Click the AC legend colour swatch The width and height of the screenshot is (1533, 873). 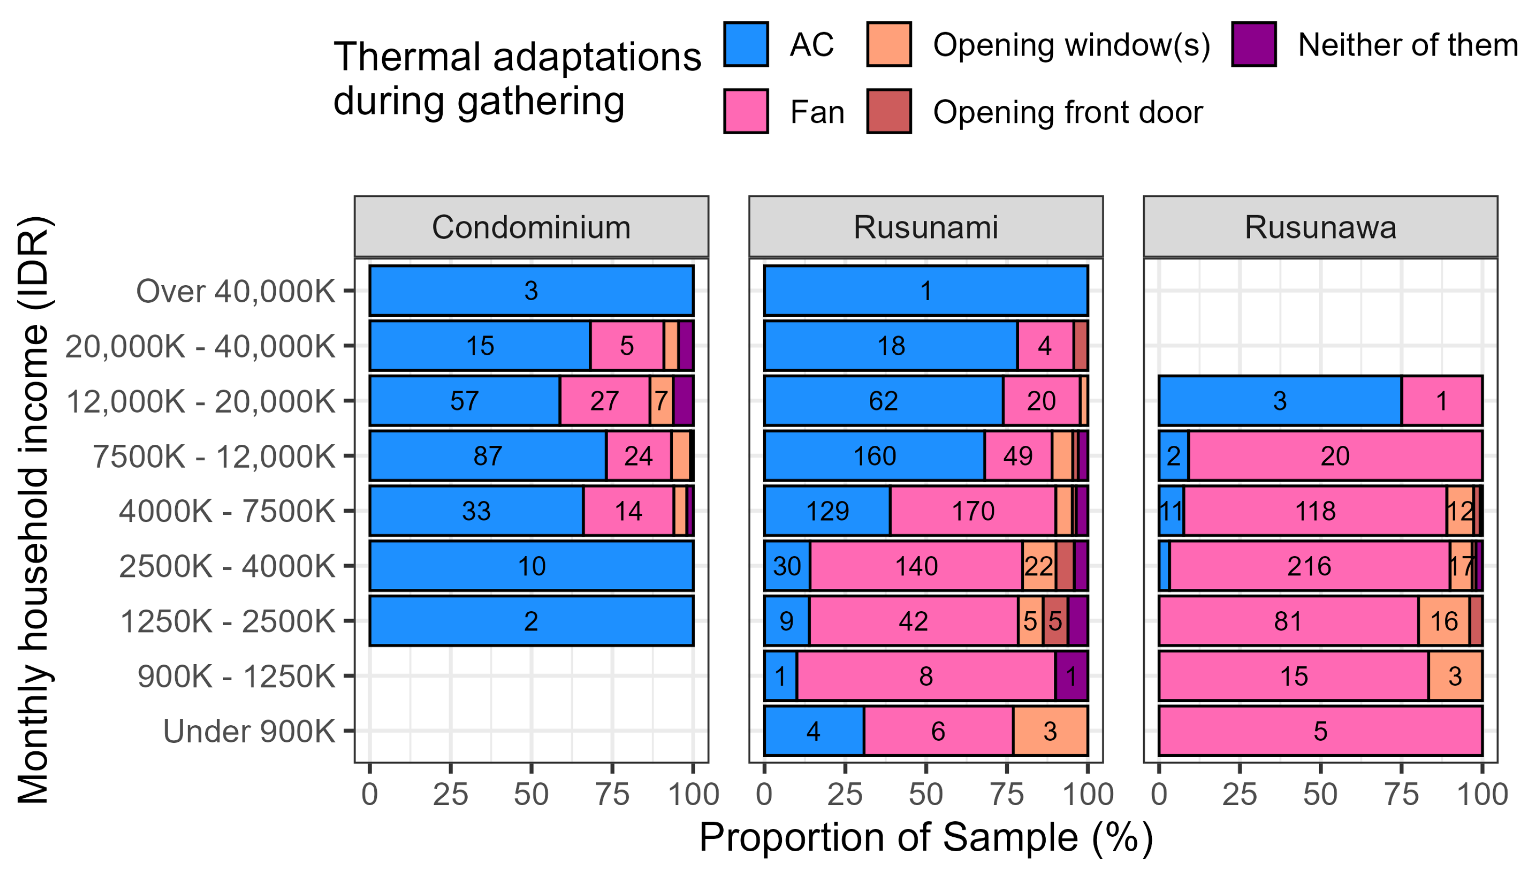click(x=746, y=45)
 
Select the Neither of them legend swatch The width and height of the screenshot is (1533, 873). click(x=1254, y=45)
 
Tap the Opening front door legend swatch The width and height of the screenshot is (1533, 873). click(x=889, y=111)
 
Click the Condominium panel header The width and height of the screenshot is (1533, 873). click(x=531, y=227)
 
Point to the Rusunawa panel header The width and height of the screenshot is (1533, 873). click(x=1320, y=227)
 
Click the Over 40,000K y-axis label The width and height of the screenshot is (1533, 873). click(x=235, y=291)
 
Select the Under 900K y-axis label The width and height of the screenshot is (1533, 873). click(x=249, y=731)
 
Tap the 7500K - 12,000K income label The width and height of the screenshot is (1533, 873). click(x=214, y=456)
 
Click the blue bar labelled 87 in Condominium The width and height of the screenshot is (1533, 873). click(x=487, y=456)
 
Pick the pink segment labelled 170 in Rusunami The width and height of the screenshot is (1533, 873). click(x=973, y=511)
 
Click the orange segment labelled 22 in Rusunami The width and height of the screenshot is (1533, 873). click(x=1038, y=566)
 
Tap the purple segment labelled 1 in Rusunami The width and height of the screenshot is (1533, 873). click(x=1071, y=677)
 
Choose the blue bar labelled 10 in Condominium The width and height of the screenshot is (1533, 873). click(x=531, y=566)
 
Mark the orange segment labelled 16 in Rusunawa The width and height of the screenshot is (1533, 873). click(x=1444, y=621)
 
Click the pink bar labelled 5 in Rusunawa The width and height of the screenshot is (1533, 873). click(x=1320, y=731)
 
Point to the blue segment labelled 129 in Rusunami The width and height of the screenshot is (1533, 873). click(x=827, y=511)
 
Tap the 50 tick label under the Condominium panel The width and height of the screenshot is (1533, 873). click(x=531, y=795)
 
